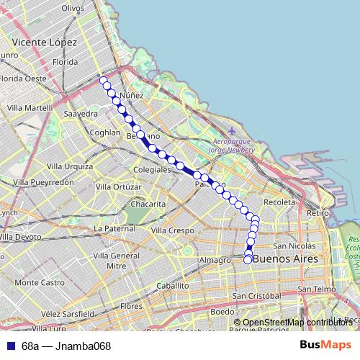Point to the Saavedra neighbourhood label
(81, 114)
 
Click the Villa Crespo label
(173, 230)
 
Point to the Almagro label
(214, 259)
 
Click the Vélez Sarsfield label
(68, 314)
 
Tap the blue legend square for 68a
(10, 346)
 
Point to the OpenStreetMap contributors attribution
(297, 323)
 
